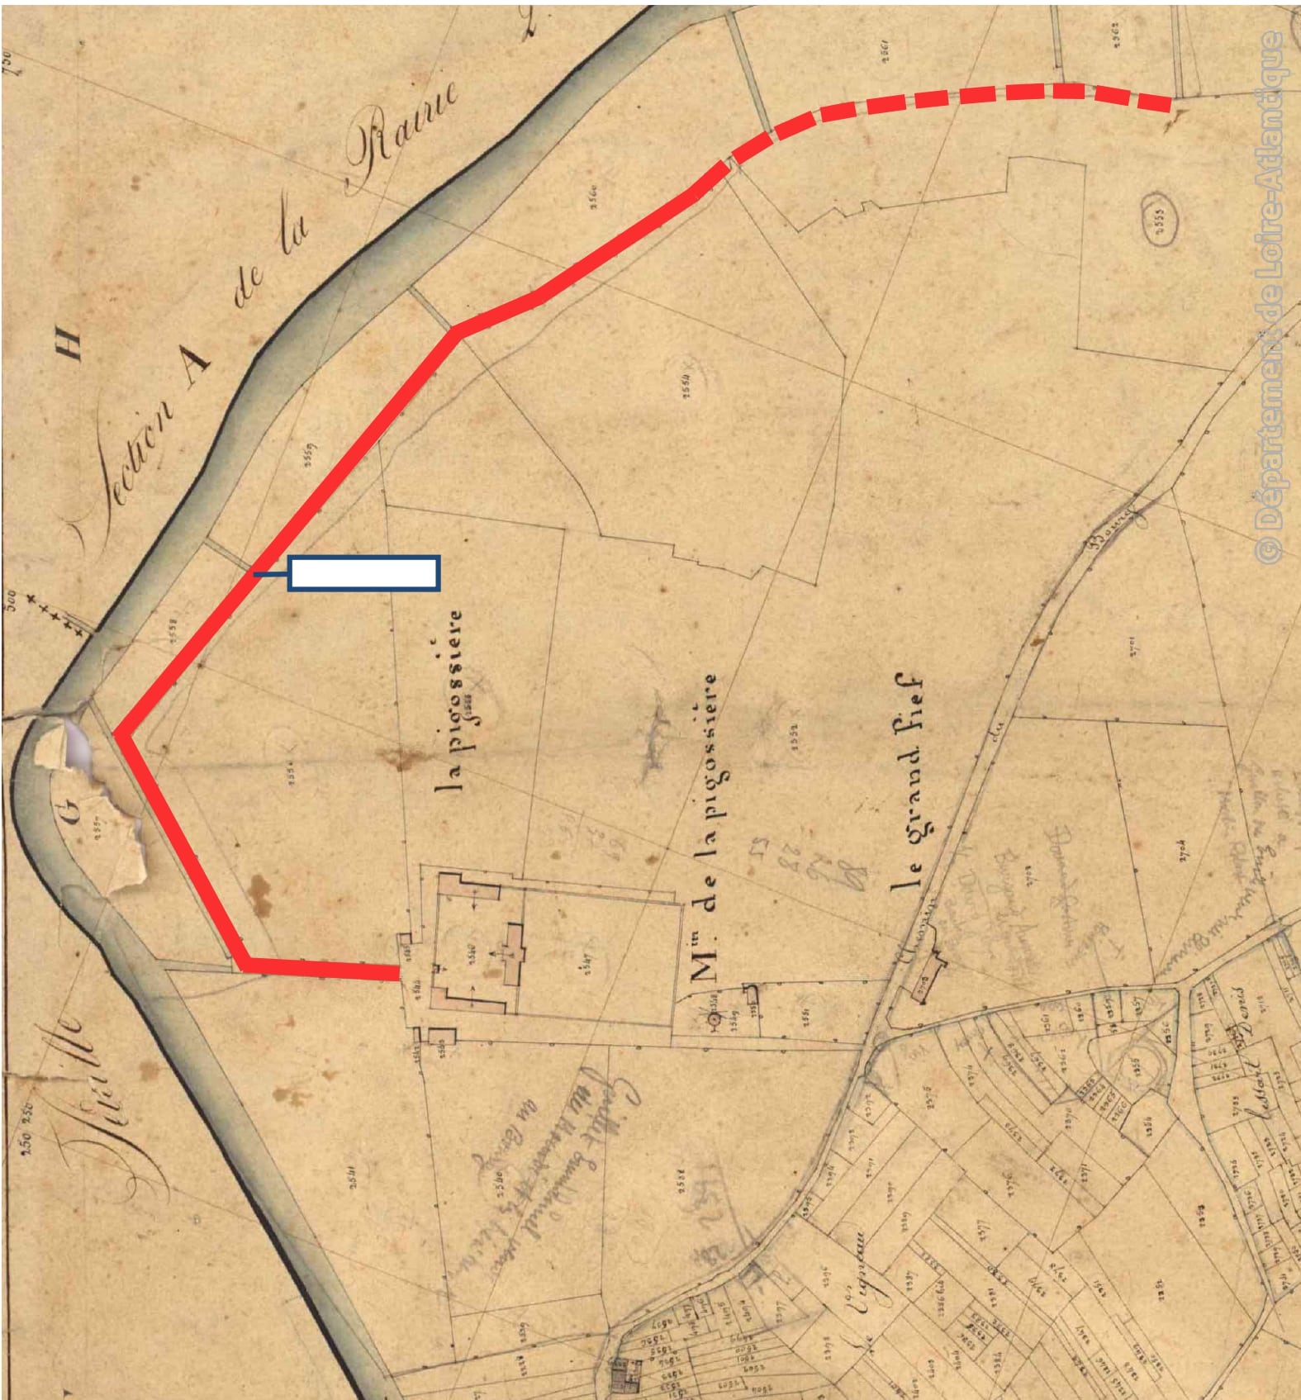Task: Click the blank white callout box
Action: pos(363,573)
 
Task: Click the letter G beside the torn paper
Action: pos(72,813)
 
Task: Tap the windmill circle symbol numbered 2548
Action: pos(715,1019)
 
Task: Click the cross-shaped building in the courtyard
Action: pos(513,953)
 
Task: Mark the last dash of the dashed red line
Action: pos(1153,102)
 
